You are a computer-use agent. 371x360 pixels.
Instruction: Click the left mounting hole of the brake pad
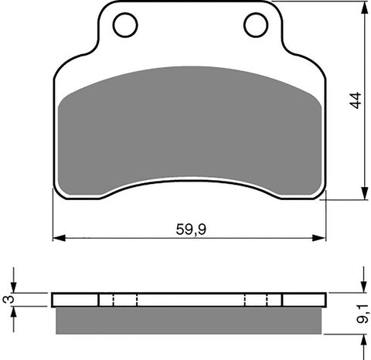(124, 25)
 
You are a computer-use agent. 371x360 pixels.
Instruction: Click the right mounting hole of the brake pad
(255, 25)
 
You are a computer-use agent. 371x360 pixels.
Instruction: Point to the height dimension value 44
(355, 100)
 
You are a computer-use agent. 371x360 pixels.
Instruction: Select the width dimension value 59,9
(190, 228)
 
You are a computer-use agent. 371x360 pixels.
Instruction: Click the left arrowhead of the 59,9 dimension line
(56, 236)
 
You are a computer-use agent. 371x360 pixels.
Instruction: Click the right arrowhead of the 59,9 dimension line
(322, 236)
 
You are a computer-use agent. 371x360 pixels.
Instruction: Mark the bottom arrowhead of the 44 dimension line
(362, 195)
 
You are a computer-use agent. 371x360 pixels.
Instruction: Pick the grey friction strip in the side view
(189, 319)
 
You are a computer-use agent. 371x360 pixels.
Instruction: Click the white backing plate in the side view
(189, 300)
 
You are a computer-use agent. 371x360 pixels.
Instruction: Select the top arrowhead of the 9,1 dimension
(362, 287)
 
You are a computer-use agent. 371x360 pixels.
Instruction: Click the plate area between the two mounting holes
(189, 31)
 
